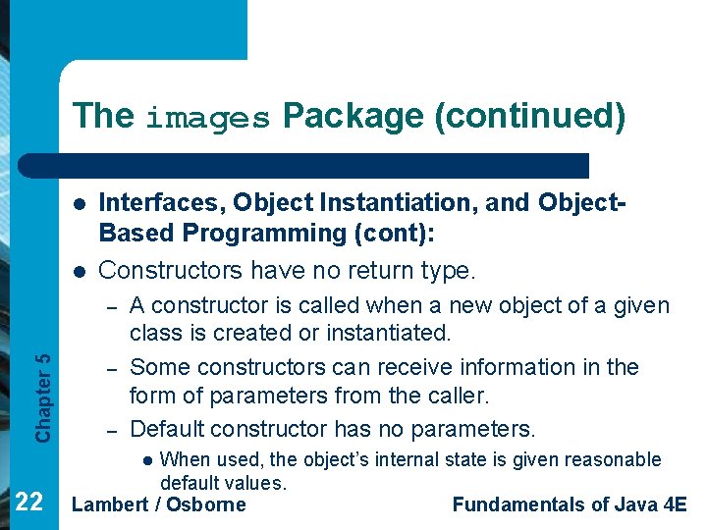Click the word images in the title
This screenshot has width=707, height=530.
tap(207, 118)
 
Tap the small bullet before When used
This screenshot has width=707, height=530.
tap(147, 460)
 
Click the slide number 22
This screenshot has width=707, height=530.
tap(29, 503)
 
